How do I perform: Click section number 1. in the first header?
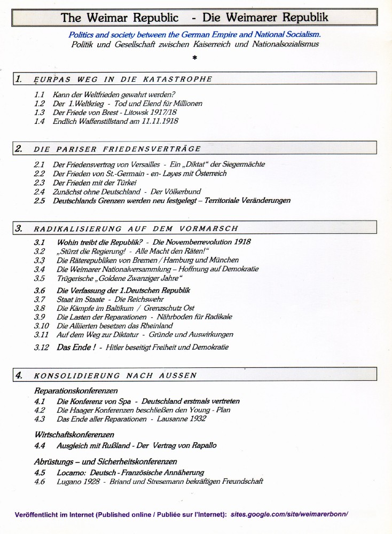[x=19, y=79]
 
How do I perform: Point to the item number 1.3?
[x=39, y=113]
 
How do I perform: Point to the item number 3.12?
[x=41, y=347]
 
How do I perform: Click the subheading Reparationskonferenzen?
[x=76, y=391]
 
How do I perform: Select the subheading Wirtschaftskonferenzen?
[x=74, y=435]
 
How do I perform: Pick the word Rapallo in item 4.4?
[x=203, y=445]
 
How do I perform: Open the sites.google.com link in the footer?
[x=289, y=514]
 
